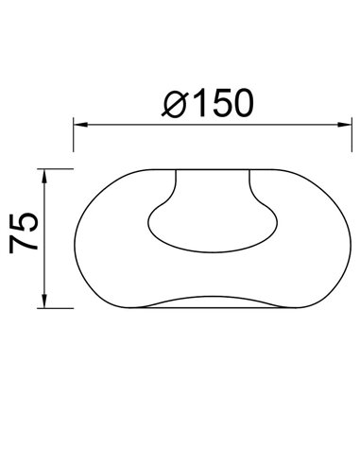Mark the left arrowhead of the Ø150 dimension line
[80, 124]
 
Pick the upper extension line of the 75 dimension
[57, 169]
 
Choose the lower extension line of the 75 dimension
[57, 308]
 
